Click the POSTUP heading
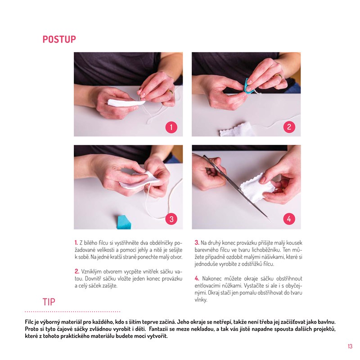[x=59, y=39]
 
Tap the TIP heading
[x=49, y=302]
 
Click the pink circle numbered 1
[x=171, y=127]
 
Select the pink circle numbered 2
[x=289, y=127]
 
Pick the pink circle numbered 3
[x=171, y=219]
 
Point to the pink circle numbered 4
[x=289, y=219]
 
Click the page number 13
[x=350, y=346]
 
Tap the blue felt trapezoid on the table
[x=124, y=222]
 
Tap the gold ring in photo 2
[x=278, y=76]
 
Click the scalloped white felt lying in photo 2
[x=238, y=129]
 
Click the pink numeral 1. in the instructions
[x=76, y=243]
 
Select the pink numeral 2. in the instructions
[x=77, y=271]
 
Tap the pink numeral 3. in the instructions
[x=197, y=243]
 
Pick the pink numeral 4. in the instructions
[x=197, y=279]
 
